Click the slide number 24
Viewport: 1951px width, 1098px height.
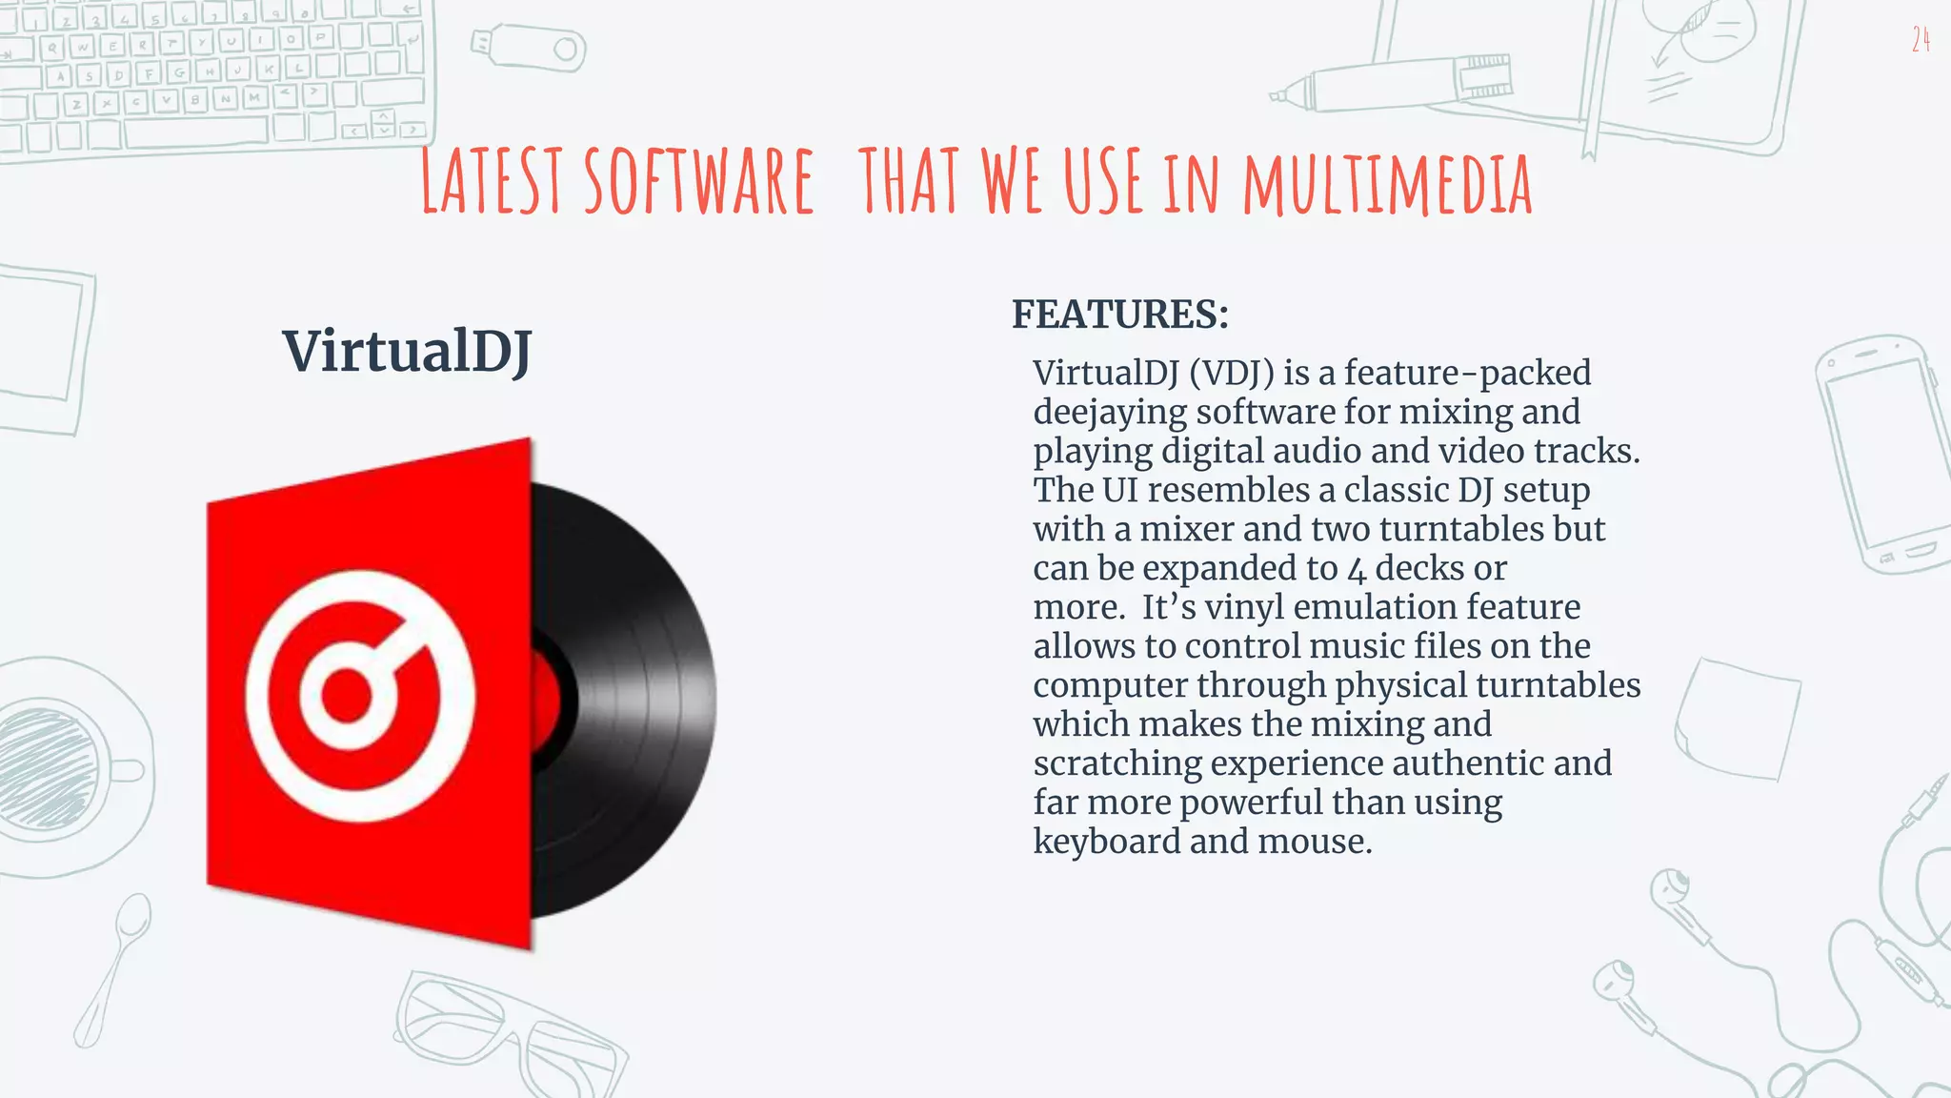[1921, 39]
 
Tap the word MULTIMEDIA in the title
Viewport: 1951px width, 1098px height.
[1387, 184]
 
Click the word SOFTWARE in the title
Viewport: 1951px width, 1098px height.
[698, 181]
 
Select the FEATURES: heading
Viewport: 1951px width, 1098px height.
[1120, 315]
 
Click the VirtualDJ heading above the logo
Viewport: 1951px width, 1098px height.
[407, 351]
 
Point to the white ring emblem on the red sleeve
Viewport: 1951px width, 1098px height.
[359, 696]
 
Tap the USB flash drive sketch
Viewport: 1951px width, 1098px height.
[530, 47]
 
